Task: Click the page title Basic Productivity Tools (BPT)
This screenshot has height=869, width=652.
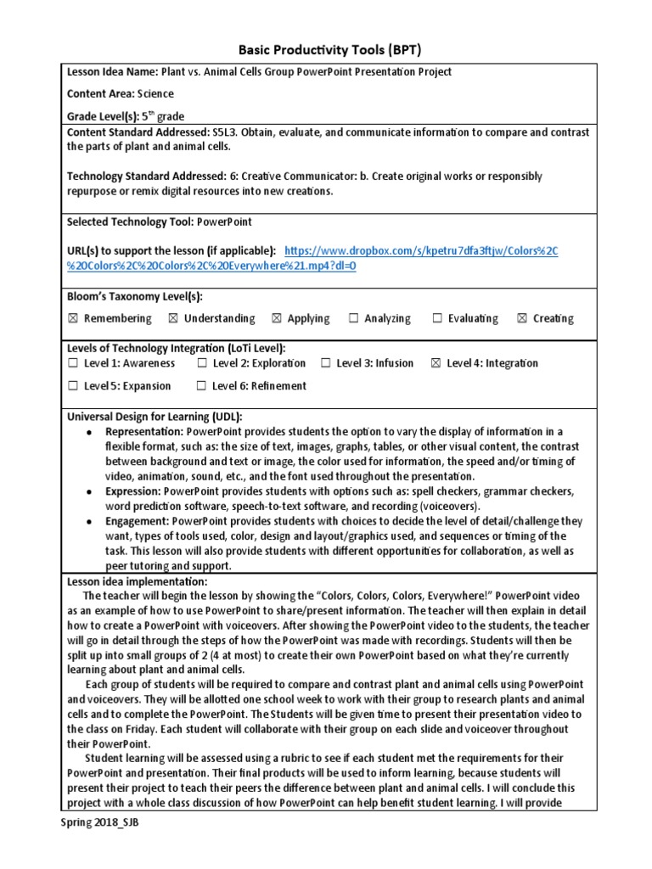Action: (x=326, y=49)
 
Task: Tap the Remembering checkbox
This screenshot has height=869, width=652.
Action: (x=72, y=319)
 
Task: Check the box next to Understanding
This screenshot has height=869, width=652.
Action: (x=173, y=319)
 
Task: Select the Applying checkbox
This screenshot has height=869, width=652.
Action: (x=276, y=319)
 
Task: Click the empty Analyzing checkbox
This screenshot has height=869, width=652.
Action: (x=353, y=319)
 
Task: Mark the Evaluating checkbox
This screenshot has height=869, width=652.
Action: (x=437, y=319)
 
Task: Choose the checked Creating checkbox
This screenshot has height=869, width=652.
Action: (x=522, y=319)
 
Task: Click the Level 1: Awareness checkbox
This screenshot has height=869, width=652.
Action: (x=72, y=363)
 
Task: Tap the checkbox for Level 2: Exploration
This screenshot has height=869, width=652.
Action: (x=202, y=363)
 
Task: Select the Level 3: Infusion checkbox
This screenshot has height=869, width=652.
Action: (x=326, y=363)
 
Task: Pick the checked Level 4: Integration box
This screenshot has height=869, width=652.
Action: (x=436, y=363)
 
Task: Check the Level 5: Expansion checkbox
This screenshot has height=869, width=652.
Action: (x=72, y=386)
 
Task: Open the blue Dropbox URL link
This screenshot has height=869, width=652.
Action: (x=421, y=251)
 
